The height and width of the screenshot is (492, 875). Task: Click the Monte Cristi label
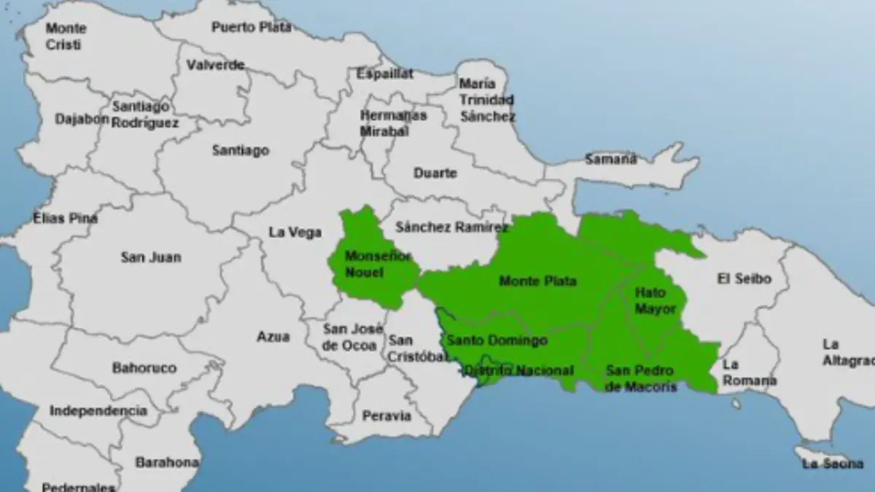click(66, 36)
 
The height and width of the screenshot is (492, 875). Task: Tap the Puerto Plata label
click(252, 27)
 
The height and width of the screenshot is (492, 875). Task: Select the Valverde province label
click(215, 65)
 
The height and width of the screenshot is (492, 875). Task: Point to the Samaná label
click(610, 159)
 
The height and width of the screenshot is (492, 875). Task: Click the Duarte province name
click(435, 173)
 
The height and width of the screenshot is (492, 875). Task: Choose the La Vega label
click(295, 233)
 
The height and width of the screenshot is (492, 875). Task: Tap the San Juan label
click(151, 257)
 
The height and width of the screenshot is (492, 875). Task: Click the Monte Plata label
click(537, 281)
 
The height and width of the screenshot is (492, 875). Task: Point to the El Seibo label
click(744, 278)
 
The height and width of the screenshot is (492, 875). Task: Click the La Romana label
click(750, 372)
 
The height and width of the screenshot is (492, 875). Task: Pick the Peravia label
click(386, 416)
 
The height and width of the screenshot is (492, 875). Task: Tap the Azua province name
click(273, 337)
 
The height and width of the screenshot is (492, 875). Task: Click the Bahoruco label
click(144, 368)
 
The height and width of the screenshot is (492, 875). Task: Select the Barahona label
click(167, 462)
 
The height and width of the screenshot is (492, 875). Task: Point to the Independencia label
click(98, 411)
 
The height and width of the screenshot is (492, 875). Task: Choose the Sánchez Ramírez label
click(451, 227)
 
